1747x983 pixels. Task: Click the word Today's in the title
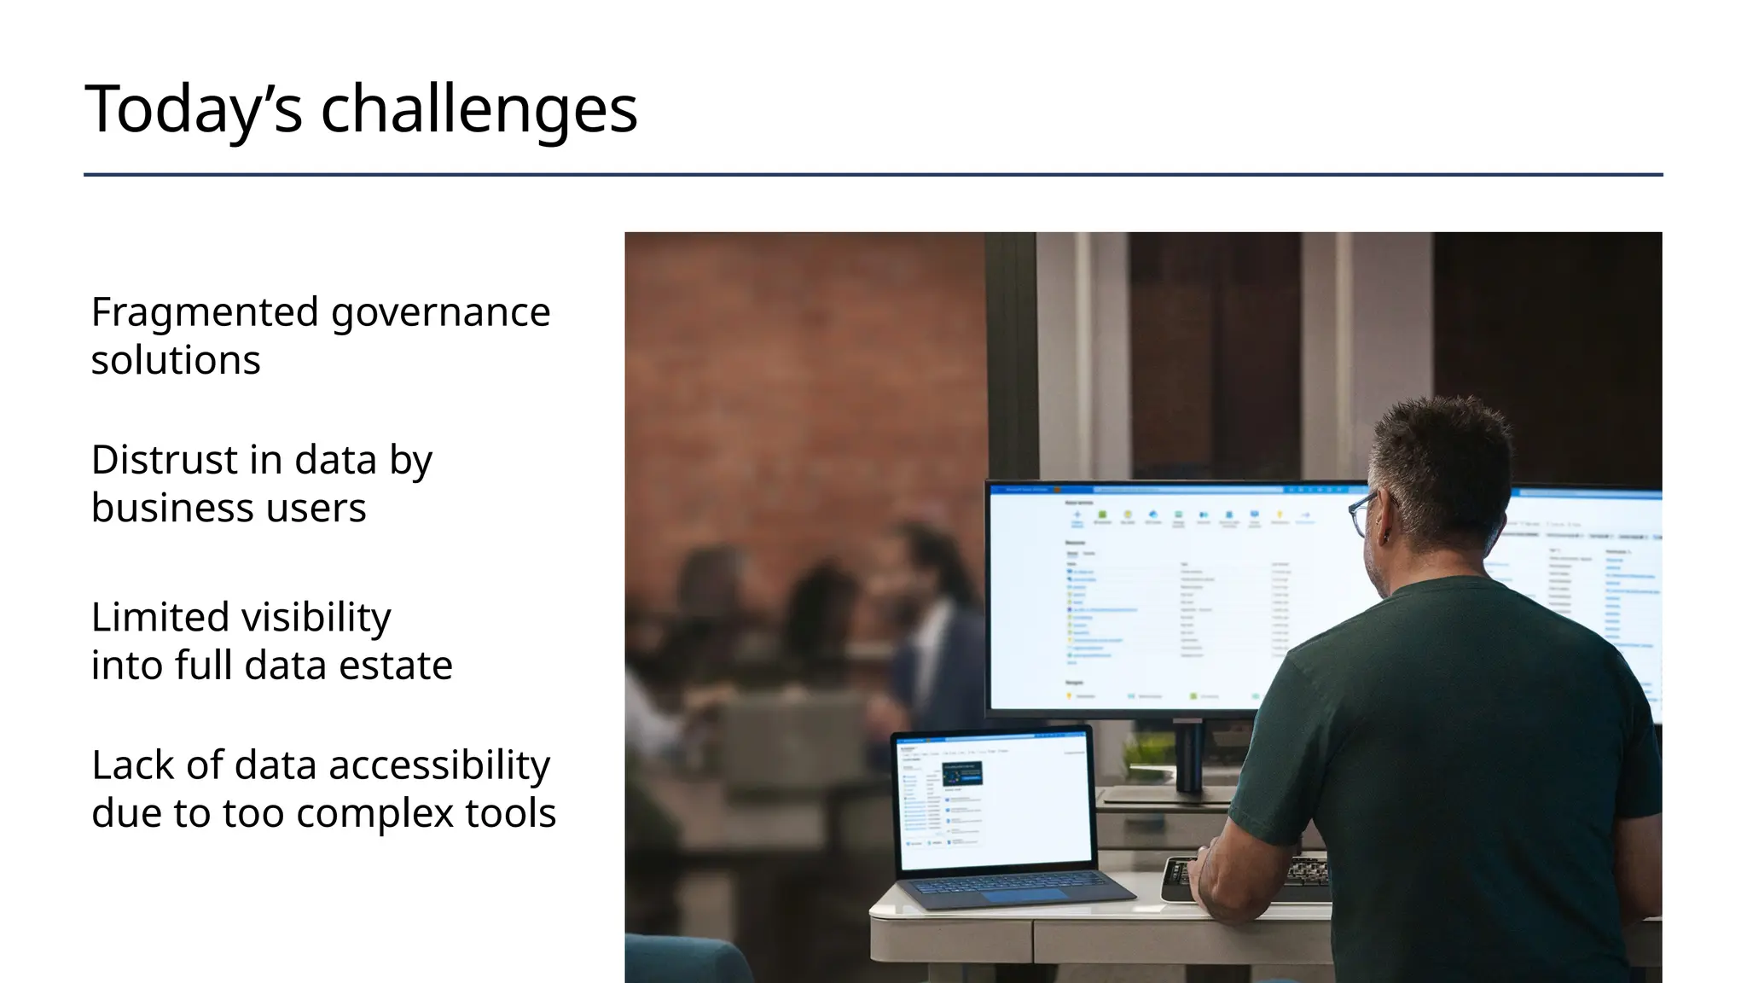point(194,109)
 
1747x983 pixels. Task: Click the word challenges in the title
point(479,109)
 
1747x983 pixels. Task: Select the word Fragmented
point(205,312)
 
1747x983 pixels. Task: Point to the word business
point(171,508)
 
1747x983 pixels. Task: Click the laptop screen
point(995,801)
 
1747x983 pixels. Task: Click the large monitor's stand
point(1188,759)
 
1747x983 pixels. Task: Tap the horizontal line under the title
point(873,175)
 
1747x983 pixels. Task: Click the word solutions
point(176,360)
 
